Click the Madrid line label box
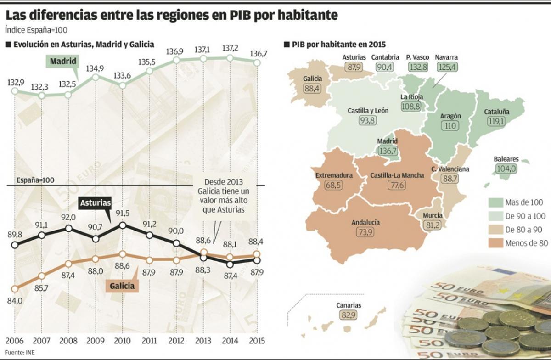[x=63, y=61]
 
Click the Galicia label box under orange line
[x=122, y=286]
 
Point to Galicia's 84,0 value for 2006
[x=14, y=300]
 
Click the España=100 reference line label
[x=35, y=180]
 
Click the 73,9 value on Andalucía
[x=365, y=232]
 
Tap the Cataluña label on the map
[x=497, y=112]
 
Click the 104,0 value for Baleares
[x=506, y=169]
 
